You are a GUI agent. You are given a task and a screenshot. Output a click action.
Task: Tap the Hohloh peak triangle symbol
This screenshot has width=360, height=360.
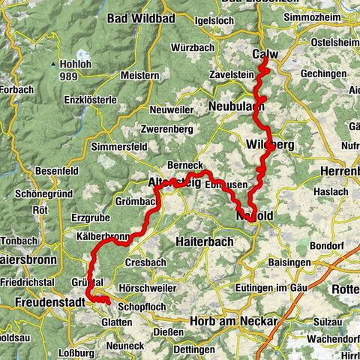click(51, 66)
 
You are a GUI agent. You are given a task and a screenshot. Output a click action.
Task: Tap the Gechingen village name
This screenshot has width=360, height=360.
click(322, 74)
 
